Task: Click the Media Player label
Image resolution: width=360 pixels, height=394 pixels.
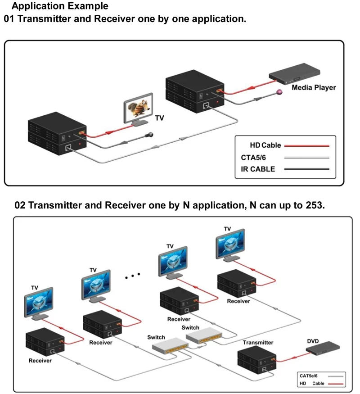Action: [314, 87]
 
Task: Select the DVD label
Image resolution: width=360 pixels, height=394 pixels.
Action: [313, 341]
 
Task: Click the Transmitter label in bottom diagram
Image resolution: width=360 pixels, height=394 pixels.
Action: [258, 343]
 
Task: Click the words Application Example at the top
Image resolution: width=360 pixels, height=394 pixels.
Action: [60, 6]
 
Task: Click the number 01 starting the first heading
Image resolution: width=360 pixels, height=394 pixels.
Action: [10, 19]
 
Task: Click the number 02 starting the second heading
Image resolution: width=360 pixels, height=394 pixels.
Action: [20, 205]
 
